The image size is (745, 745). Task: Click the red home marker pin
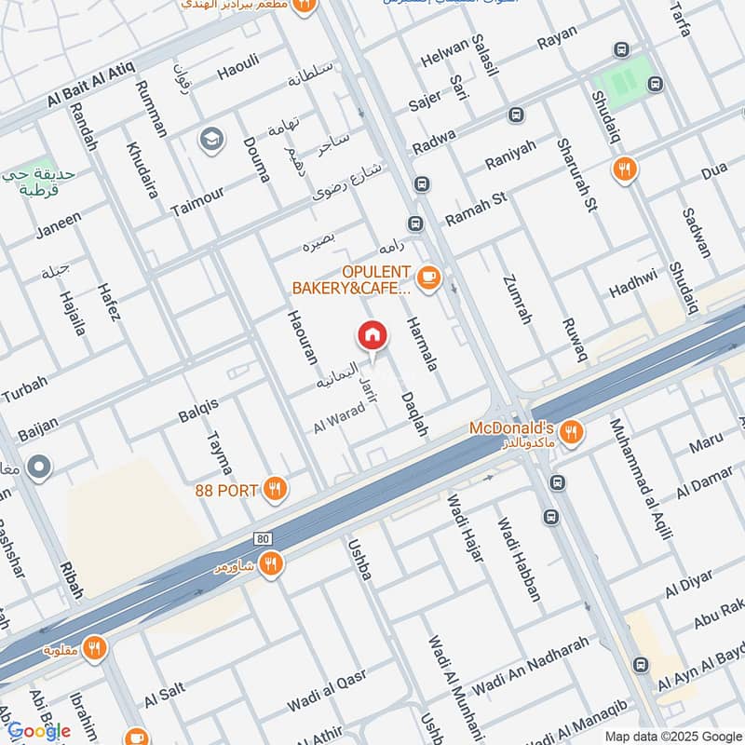372,335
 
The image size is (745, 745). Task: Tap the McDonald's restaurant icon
573,430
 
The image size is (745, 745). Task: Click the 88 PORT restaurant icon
274,488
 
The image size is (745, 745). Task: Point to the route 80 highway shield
263,539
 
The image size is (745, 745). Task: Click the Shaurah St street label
576,175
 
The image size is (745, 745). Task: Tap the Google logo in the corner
38,731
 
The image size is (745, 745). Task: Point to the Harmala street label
421,341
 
